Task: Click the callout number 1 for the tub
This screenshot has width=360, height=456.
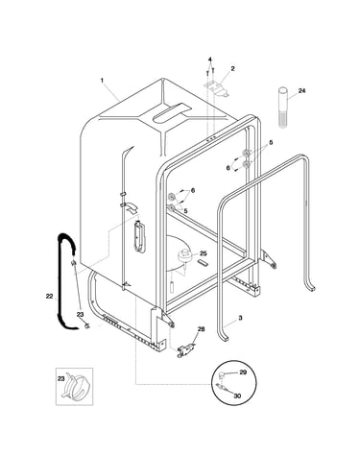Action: [102, 81]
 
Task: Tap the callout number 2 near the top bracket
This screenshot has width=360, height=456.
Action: [232, 68]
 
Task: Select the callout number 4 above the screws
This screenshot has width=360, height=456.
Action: [210, 60]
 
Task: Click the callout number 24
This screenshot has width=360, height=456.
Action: [301, 91]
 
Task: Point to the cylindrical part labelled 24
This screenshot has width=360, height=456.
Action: [282, 108]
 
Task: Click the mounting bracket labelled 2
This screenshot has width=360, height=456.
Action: [217, 88]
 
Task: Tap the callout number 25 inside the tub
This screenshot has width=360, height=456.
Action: [204, 253]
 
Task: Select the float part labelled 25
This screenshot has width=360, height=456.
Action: [185, 256]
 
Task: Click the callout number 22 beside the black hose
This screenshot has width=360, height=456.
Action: [49, 297]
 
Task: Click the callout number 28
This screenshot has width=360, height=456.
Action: [201, 329]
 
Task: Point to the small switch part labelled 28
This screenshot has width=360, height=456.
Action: [186, 349]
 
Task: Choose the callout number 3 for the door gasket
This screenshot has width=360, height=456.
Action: [240, 318]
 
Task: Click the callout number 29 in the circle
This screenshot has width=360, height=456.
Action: [243, 372]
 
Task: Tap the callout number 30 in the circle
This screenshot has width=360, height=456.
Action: [237, 396]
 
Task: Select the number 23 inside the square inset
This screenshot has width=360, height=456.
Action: [60, 379]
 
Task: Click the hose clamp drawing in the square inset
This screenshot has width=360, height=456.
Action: [77, 386]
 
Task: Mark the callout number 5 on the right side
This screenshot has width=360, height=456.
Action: [271, 143]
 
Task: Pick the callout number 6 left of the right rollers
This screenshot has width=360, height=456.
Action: [228, 168]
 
